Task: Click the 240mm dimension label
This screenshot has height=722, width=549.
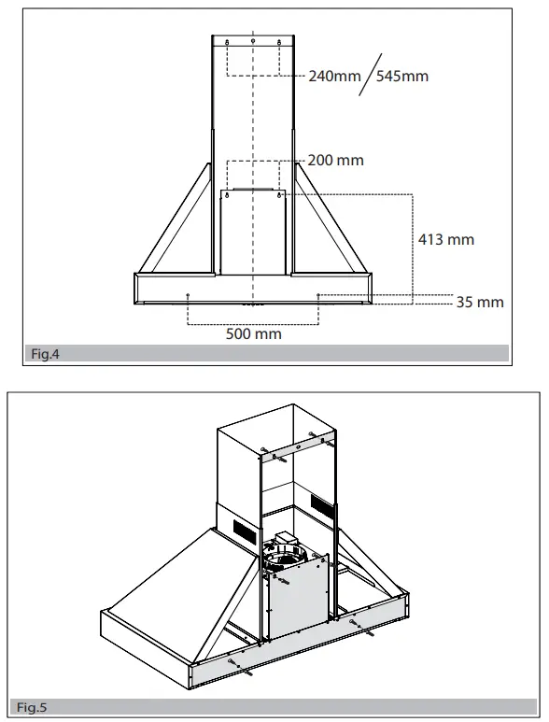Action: pyautogui.click(x=334, y=76)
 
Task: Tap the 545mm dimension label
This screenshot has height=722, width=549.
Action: pyautogui.click(x=402, y=76)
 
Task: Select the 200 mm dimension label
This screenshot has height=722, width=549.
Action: pyautogui.click(x=335, y=161)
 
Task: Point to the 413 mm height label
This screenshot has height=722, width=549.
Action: pyautogui.click(x=445, y=240)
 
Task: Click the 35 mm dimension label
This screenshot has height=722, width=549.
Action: pyautogui.click(x=480, y=302)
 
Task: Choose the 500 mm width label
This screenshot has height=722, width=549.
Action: pyautogui.click(x=253, y=333)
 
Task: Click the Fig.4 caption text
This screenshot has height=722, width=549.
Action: pyautogui.click(x=44, y=354)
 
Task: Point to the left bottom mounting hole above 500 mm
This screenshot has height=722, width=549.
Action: pyautogui.click(x=188, y=295)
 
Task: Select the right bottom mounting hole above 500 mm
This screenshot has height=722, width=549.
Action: pyautogui.click(x=318, y=295)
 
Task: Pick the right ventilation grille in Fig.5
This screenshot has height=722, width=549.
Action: pyautogui.click(x=321, y=510)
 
